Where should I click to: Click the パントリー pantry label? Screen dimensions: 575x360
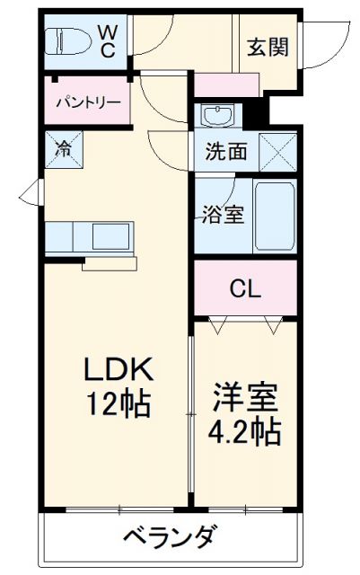click(x=90, y=102)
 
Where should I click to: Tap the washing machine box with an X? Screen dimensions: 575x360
click(x=277, y=150)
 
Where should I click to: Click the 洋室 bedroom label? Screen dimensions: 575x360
click(x=245, y=396)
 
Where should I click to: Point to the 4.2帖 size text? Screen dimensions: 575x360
click(x=245, y=432)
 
